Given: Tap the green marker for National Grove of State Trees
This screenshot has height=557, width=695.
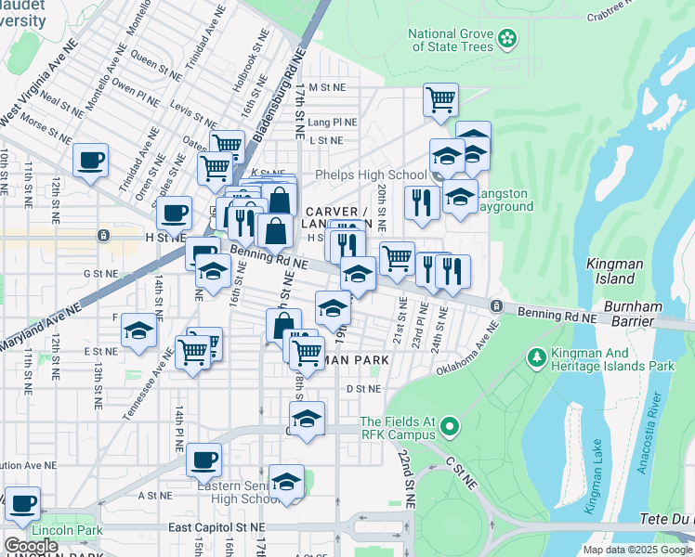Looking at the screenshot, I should [507, 38].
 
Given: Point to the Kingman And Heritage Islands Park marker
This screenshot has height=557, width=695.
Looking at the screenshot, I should [536, 357].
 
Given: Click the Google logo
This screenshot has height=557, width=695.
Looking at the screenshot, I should [32, 546].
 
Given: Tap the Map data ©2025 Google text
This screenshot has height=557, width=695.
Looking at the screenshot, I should [636, 550].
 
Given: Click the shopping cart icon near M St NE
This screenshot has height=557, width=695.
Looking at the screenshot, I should [439, 98].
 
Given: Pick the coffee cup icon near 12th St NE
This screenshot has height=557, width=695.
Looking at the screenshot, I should [91, 159].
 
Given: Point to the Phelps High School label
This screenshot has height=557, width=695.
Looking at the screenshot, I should [371, 175].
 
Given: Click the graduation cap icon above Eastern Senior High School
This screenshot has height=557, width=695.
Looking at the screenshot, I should [287, 480].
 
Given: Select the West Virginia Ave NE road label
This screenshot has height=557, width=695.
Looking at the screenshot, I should [37, 108].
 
